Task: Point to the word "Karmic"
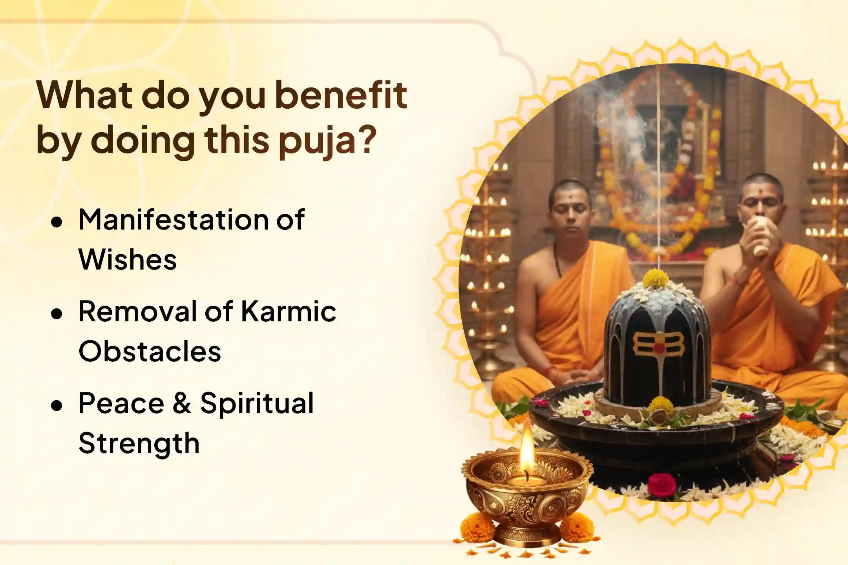pos(288,312)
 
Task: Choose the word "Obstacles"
pos(150,351)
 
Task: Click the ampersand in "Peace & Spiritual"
pos(181,403)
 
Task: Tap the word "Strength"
pos(139,443)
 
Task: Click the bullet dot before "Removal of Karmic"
pos(57,314)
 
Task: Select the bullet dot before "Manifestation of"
pos(57,222)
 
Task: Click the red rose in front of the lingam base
pos(662,484)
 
